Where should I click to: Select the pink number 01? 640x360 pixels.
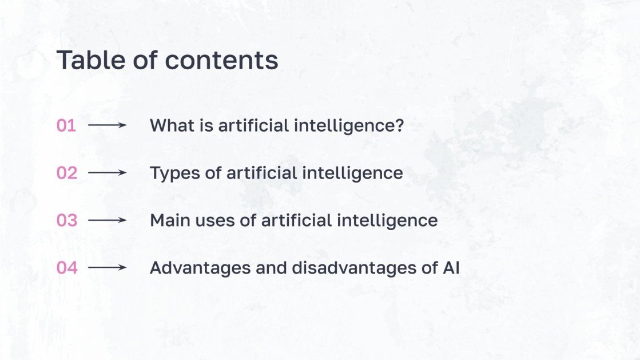[66, 125]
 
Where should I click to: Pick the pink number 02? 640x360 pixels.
[66, 173]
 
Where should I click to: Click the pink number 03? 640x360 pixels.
[66, 220]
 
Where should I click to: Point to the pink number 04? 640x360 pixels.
[66, 267]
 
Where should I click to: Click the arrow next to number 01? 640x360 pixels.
[108, 125]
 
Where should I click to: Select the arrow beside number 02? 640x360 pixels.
[108, 172]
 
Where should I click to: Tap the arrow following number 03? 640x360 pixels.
[108, 220]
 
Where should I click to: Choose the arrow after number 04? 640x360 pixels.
[108, 267]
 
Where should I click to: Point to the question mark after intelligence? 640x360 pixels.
[399, 125]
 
